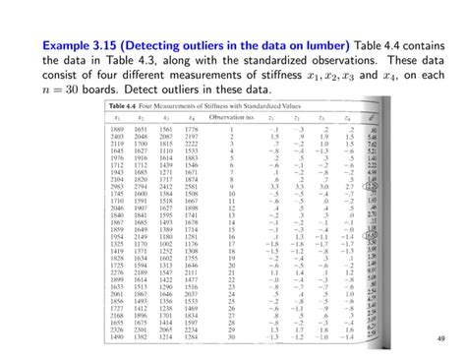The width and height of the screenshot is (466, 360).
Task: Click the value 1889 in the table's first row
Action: pos(121,129)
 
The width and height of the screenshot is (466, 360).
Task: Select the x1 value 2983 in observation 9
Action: pos(121,187)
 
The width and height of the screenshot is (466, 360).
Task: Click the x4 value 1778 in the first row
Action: pos(191,129)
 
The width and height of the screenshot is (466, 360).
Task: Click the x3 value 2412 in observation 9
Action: pos(167,187)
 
